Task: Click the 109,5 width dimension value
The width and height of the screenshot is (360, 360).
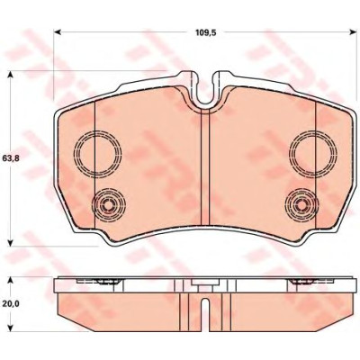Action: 206,32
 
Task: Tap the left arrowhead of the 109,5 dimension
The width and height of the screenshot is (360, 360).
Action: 58,32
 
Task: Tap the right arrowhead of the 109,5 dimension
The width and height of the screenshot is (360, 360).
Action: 352,32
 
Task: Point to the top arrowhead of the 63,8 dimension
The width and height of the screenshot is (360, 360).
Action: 11,75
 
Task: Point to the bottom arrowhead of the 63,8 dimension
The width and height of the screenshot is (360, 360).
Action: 11,243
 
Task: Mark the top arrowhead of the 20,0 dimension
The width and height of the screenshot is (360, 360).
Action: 11,280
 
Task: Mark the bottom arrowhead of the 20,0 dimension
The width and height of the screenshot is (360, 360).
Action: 11,328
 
